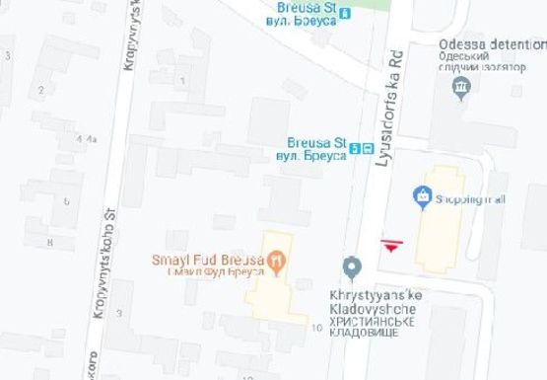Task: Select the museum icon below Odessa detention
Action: click(459, 89)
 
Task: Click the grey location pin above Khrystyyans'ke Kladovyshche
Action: click(351, 267)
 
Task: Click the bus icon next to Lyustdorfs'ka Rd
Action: click(367, 148)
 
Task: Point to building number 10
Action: click(316, 326)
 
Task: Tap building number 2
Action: click(41, 91)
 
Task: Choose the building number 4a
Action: click(93, 139)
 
